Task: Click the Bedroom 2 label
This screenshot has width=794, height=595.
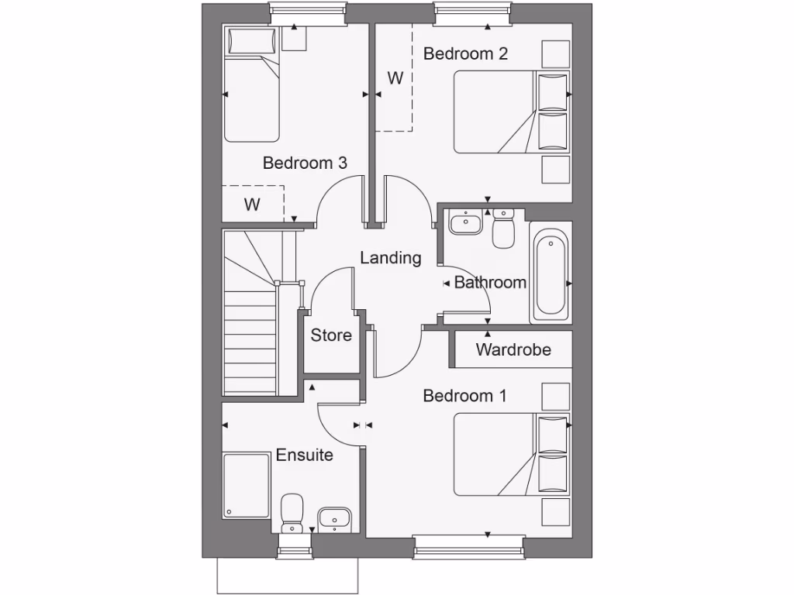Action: [465, 53]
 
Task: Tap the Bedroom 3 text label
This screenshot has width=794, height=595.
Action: [305, 163]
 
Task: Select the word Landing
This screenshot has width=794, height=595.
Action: [391, 258]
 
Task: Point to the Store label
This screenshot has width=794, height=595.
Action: [331, 335]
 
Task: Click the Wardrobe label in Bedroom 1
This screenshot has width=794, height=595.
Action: [513, 349]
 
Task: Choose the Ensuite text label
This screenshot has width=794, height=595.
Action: [305, 455]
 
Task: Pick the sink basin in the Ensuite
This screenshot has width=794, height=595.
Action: [334, 518]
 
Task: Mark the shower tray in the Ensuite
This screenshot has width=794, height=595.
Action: [246, 486]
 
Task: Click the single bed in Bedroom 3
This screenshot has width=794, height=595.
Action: [251, 85]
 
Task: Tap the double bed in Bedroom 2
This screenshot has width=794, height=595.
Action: [512, 112]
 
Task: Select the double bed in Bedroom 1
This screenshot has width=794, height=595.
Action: [512, 454]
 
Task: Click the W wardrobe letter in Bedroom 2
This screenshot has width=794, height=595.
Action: [395, 78]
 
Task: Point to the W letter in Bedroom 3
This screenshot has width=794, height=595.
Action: [252, 205]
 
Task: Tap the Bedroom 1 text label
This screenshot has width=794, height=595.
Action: [464, 396]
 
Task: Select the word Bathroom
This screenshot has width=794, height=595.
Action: [490, 283]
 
